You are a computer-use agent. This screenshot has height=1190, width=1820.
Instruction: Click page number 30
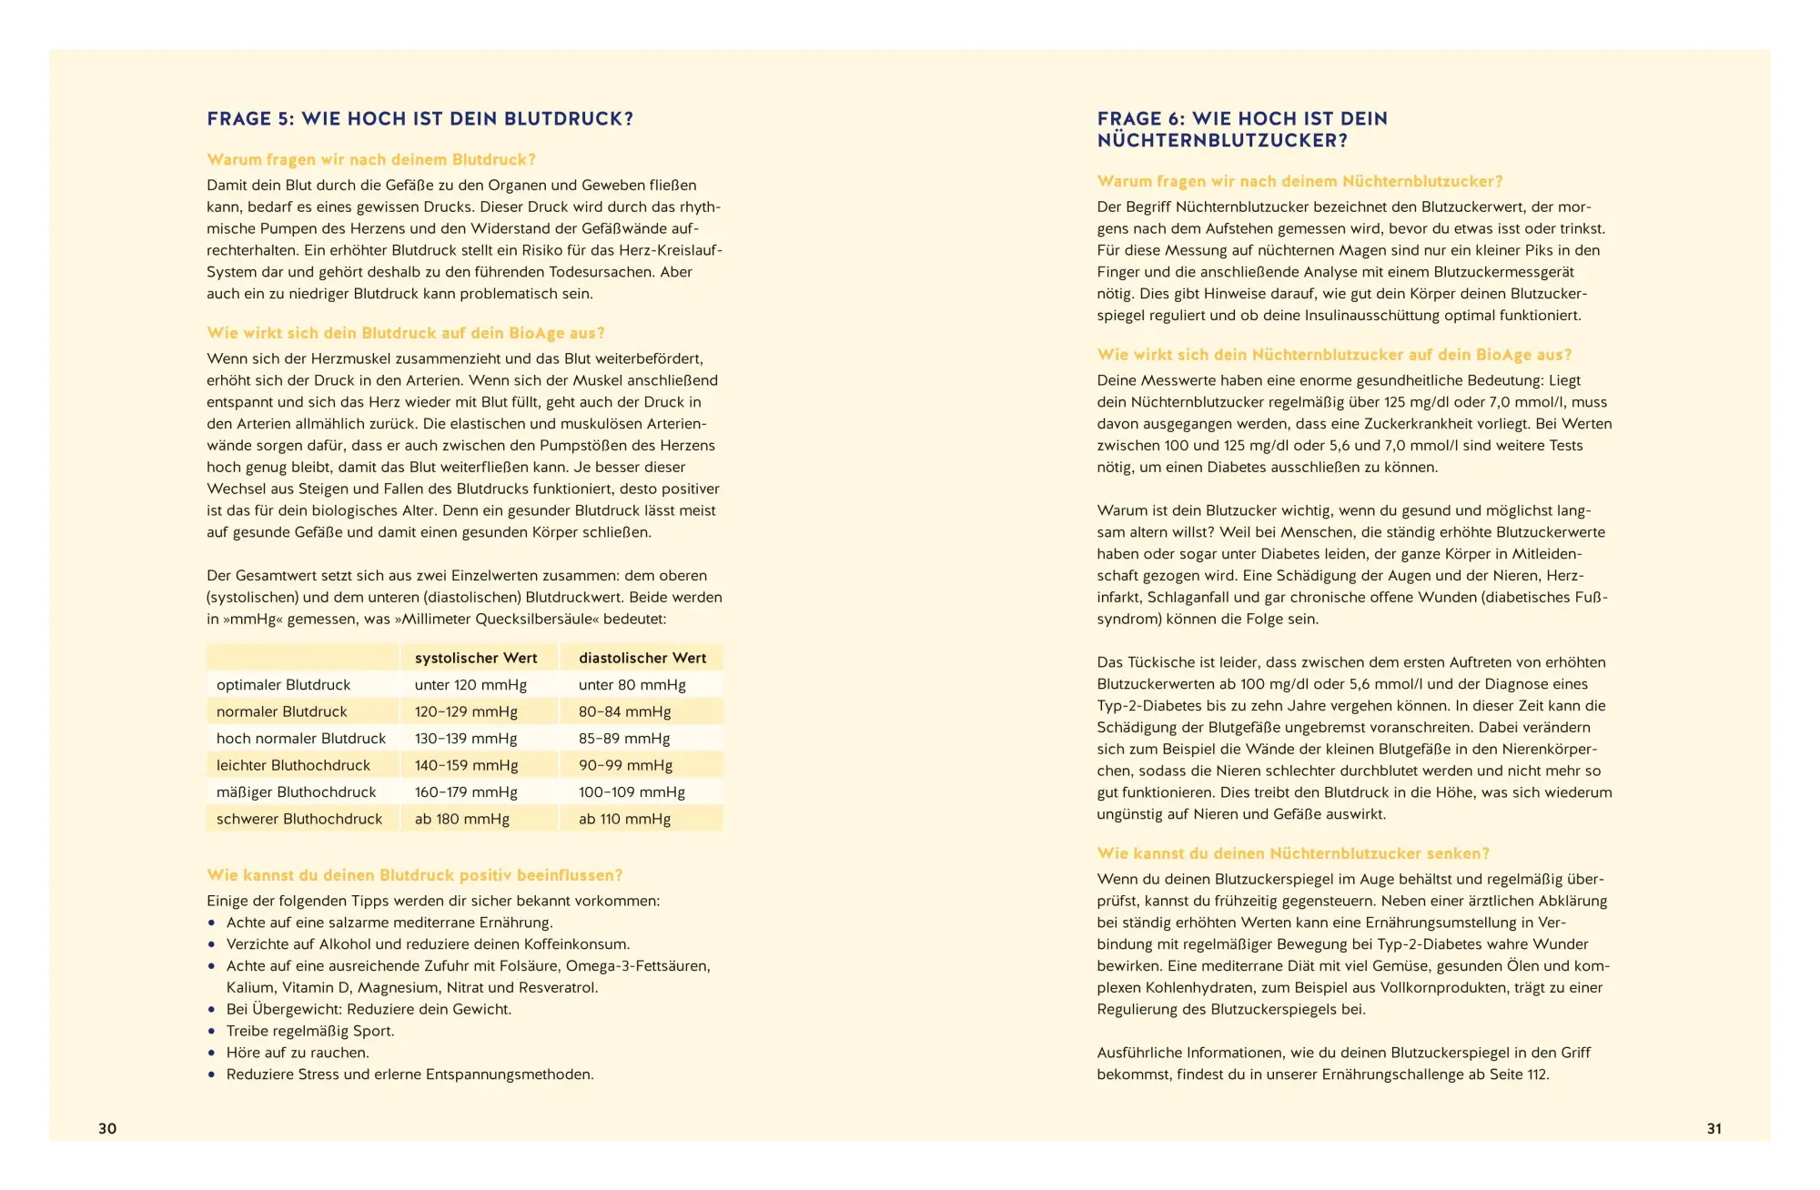pyautogui.click(x=107, y=1128)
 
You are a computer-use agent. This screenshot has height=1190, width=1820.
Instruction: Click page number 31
pyautogui.click(x=1714, y=1128)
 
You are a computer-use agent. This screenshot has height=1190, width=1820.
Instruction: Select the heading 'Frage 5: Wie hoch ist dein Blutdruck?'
pyautogui.click(x=420, y=119)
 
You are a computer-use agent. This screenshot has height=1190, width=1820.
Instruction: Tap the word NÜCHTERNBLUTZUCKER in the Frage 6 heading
pyautogui.click(x=1222, y=141)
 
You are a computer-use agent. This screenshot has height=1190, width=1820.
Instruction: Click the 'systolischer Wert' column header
pyautogui.click(x=476, y=658)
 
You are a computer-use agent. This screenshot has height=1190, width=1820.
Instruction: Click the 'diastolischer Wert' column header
pyautogui.click(x=642, y=658)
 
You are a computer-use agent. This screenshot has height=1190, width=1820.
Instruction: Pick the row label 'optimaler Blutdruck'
pyautogui.click(x=283, y=685)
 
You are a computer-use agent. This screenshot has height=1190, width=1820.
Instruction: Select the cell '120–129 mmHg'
pyautogui.click(x=466, y=711)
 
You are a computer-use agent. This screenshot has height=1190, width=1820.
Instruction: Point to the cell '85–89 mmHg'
pyautogui.click(x=624, y=739)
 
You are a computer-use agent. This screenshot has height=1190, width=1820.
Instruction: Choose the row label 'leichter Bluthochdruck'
pyautogui.click(x=293, y=765)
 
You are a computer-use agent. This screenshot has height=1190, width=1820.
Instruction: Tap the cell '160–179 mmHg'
pyautogui.click(x=466, y=792)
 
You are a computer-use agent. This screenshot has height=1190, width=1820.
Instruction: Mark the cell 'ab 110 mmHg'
pyautogui.click(x=624, y=819)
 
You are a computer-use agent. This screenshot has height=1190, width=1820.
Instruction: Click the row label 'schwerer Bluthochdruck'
pyautogui.click(x=299, y=819)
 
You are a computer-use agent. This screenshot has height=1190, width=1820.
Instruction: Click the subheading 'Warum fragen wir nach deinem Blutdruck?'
pyautogui.click(x=371, y=160)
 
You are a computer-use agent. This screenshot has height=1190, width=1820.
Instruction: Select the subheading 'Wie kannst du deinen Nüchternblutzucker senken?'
pyautogui.click(x=1293, y=853)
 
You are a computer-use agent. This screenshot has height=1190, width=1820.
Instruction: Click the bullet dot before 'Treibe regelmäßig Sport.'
pyautogui.click(x=212, y=1032)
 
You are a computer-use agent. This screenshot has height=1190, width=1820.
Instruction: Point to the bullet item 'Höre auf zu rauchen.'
pyautogui.click(x=298, y=1053)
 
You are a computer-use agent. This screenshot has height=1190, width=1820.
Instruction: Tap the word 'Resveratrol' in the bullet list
pyautogui.click(x=557, y=988)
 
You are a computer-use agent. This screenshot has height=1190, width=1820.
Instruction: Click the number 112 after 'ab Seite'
pyautogui.click(x=1536, y=1074)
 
